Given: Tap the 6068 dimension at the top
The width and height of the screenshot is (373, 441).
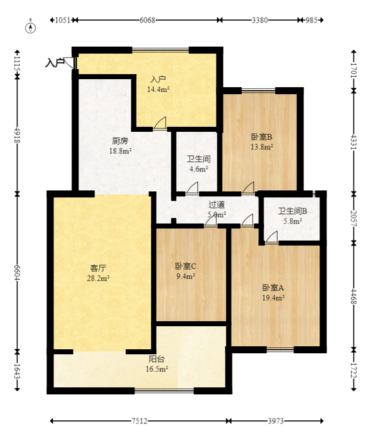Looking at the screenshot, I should (x=147, y=20).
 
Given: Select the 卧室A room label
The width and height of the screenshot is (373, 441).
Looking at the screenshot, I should (x=273, y=288).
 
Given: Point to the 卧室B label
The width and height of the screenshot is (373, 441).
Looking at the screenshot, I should (x=261, y=136).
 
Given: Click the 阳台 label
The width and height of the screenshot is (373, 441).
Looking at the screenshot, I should (x=156, y=359).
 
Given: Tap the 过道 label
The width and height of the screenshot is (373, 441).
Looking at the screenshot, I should (x=216, y=204).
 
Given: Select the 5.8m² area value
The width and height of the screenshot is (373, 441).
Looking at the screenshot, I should (x=292, y=221).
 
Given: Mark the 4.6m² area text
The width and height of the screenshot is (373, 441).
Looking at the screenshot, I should (x=198, y=169).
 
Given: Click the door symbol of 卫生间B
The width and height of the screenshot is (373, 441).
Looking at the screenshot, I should (x=271, y=238).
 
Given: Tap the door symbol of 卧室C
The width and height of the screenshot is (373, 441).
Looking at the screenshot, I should (x=210, y=220).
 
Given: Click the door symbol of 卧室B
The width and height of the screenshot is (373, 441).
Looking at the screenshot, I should (x=247, y=187).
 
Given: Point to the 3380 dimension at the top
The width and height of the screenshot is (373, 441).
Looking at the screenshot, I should (x=259, y=20).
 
